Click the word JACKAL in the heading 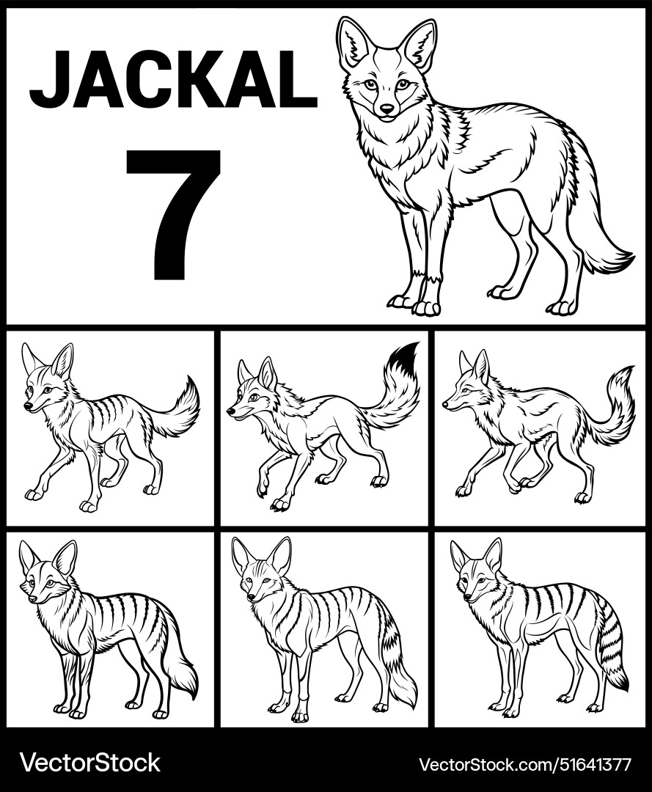pos(173,78)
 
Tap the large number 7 pos(175,213)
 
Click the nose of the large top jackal pos(387,109)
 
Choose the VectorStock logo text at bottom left pos(89,763)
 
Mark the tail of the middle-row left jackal pos(180,411)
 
